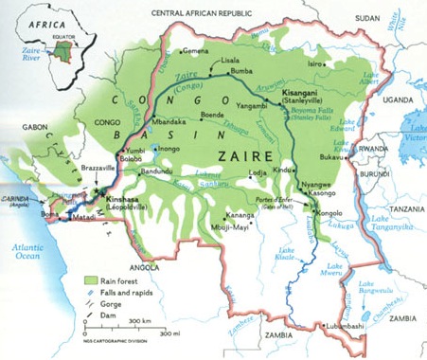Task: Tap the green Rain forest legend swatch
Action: point(92,280)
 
